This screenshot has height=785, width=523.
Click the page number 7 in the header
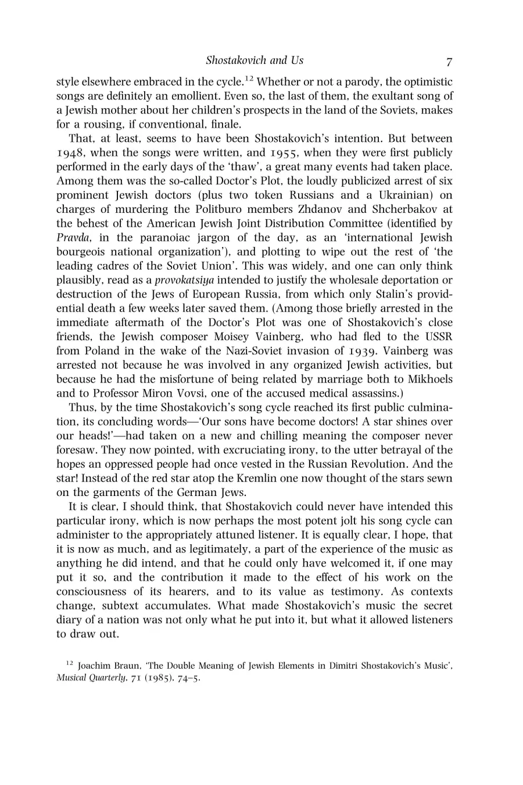(449, 61)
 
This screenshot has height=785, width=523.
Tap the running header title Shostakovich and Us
(255, 60)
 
